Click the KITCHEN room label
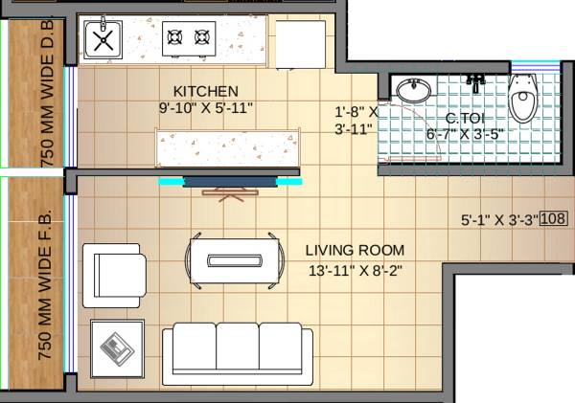[198, 90]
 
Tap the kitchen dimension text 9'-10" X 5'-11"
[207, 107]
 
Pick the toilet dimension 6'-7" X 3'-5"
[464, 134]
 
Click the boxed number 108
[554, 218]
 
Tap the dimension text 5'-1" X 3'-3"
[499, 219]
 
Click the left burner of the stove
[174, 37]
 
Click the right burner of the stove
[202, 37]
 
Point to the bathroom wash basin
[414, 91]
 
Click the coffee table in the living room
[235, 259]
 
